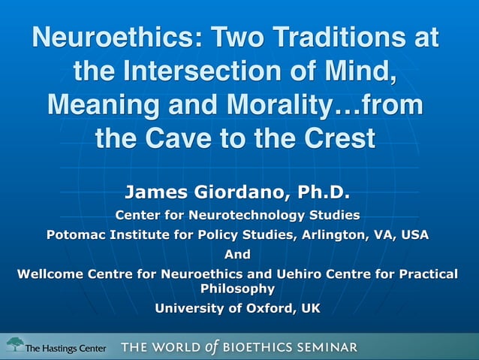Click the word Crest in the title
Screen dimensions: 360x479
click(x=336, y=139)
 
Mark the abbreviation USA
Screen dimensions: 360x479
click(x=414, y=234)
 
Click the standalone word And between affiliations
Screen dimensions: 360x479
click(x=238, y=254)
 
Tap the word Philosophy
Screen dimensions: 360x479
click(x=238, y=288)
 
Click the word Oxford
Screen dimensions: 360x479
click(x=267, y=307)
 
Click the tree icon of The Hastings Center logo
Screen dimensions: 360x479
click(x=15, y=344)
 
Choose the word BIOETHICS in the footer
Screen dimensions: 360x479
click(x=251, y=347)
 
